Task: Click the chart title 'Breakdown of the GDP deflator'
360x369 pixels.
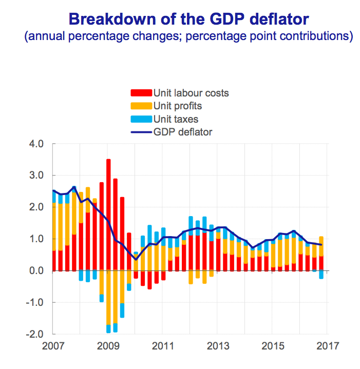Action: click(189, 20)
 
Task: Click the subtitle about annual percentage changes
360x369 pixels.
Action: click(189, 37)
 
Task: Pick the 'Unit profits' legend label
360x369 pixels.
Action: click(178, 106)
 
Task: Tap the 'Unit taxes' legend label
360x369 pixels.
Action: click(176, 119)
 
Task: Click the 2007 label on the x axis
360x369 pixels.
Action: click(53, 345)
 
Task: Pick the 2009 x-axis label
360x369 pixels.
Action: click(108, 345)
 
